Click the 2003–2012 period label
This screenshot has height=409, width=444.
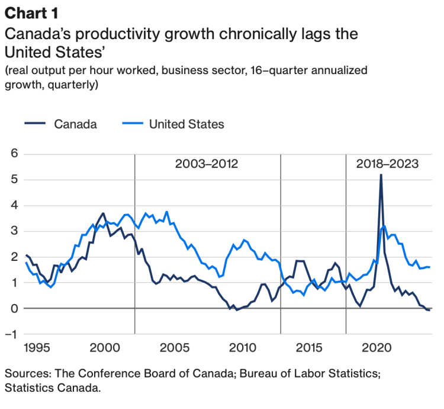click(206, 164)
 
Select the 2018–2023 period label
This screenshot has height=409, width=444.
click(387, 164)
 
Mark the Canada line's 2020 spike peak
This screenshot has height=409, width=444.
click(381, 175)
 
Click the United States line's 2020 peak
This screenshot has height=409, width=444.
click(384, 226)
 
